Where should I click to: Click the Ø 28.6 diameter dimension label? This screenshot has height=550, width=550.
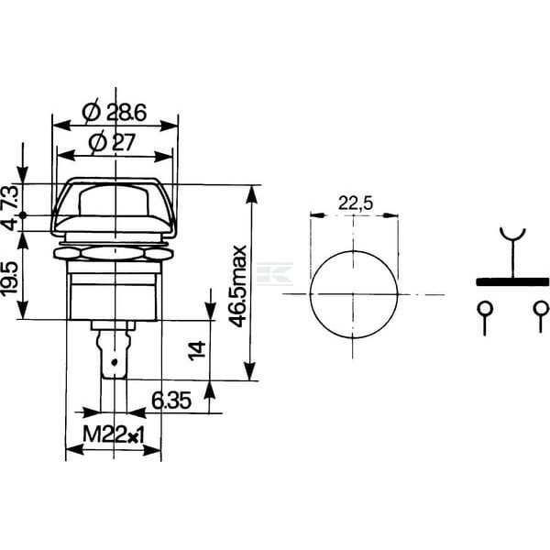pos(114,113)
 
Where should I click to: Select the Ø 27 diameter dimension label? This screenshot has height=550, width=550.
pos(112,143)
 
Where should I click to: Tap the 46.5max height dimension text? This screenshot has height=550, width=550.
pos(237,286)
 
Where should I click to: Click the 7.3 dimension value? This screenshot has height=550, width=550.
pos(10,199)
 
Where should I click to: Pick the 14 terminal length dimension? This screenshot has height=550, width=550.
pos(197,350)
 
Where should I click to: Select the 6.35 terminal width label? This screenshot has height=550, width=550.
pos(171,401)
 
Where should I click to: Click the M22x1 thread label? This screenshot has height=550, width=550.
pos(114,434)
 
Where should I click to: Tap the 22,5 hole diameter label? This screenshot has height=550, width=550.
pos(356,203)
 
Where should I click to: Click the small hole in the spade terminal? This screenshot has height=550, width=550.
pos(113,362)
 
